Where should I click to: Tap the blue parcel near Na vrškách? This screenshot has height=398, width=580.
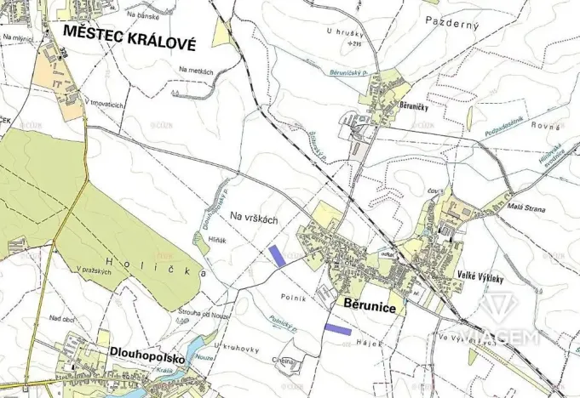(x=277, y=255)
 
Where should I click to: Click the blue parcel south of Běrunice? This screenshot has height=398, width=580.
(x=337, y=327)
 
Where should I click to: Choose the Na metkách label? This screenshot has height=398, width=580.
(x=195, y=71)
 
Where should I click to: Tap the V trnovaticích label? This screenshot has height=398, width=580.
(x=105, y=104)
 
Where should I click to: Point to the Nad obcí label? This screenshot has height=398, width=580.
(x=62, y=319)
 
